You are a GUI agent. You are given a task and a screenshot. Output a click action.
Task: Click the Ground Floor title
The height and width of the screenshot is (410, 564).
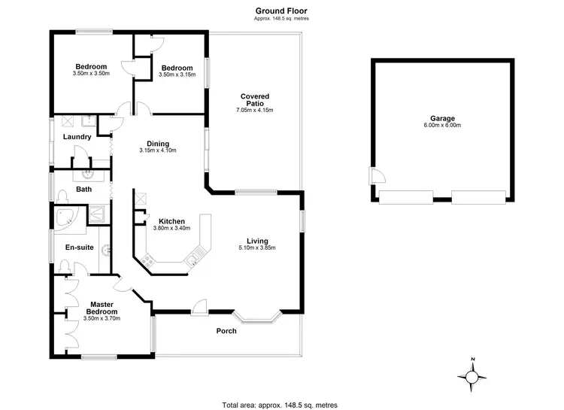tap(281, 11)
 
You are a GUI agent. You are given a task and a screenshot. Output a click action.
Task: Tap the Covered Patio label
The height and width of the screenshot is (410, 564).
tap(255, 101)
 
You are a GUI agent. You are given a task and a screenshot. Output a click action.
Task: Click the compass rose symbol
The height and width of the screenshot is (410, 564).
tap(472, 377)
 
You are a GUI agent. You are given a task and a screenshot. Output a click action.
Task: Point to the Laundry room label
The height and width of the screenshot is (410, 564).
tap(77, 137)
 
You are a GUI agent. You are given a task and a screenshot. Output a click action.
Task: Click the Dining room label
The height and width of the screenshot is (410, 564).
tap(157, 144)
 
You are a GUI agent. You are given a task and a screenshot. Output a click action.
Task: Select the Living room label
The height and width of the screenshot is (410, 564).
tap(253, 241)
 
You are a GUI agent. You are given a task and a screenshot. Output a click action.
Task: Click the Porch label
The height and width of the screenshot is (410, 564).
tap(226, 331)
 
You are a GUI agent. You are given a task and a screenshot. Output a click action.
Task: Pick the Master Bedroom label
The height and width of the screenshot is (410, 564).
tap(102, 308)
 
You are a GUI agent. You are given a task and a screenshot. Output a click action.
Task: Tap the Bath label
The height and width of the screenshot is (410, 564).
tap(83, 190)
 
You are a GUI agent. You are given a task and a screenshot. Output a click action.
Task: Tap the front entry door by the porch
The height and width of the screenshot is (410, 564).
tap(200, 305)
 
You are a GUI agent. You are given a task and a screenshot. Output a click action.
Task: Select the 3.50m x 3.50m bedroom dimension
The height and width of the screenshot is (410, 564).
tap(92, 74)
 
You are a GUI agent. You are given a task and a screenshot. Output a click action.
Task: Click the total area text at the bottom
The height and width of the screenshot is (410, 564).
tap(281, 404)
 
